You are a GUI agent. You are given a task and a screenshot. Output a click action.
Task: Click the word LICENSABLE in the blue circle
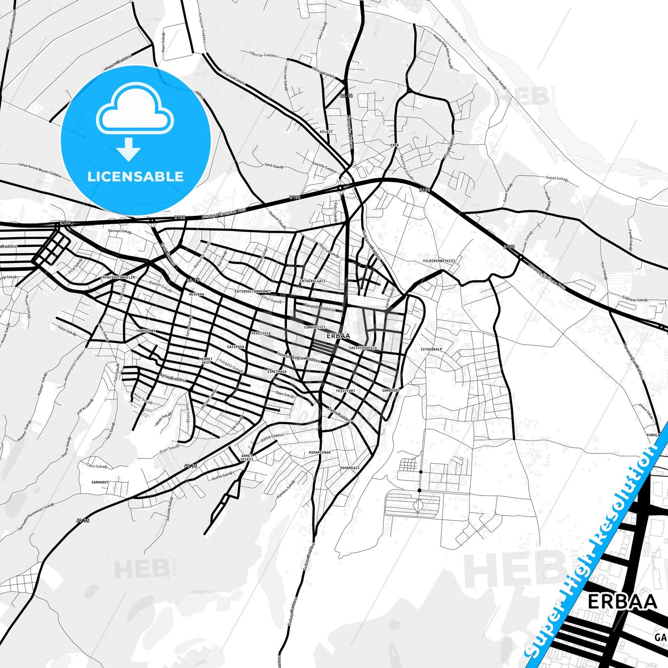click(135, 177)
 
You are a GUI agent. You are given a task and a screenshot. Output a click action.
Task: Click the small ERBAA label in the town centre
click(338, 336)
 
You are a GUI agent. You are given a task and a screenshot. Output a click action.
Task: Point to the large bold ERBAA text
click(622, 602)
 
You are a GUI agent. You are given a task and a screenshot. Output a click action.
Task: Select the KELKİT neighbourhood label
click(326, 132)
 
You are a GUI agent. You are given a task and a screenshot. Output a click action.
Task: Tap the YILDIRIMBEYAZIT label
click(439, 261)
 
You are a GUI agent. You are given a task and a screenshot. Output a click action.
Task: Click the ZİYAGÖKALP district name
click(431, 349)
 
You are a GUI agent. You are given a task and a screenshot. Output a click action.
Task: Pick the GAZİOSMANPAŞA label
click(363, 348)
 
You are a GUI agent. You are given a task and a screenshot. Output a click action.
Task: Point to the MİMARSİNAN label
click(319, 453)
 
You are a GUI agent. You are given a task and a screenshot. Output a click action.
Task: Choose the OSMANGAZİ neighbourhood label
click(349, 468)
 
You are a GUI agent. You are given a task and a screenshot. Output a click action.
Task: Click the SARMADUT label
click(100, 482)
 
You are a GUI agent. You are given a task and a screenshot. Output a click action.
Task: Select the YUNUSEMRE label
click(146, 331)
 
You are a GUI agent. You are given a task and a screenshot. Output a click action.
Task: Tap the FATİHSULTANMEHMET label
click(252, 291)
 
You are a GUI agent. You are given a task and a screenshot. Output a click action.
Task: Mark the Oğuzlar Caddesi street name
click(263, 55)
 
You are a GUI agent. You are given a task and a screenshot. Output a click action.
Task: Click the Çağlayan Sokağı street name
click(635, 300)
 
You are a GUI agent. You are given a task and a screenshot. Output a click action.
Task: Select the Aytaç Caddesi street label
click(172, 378)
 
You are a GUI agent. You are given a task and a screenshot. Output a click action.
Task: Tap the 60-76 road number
click(346, 96)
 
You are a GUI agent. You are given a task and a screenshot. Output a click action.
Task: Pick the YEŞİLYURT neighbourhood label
click(345, 391)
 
